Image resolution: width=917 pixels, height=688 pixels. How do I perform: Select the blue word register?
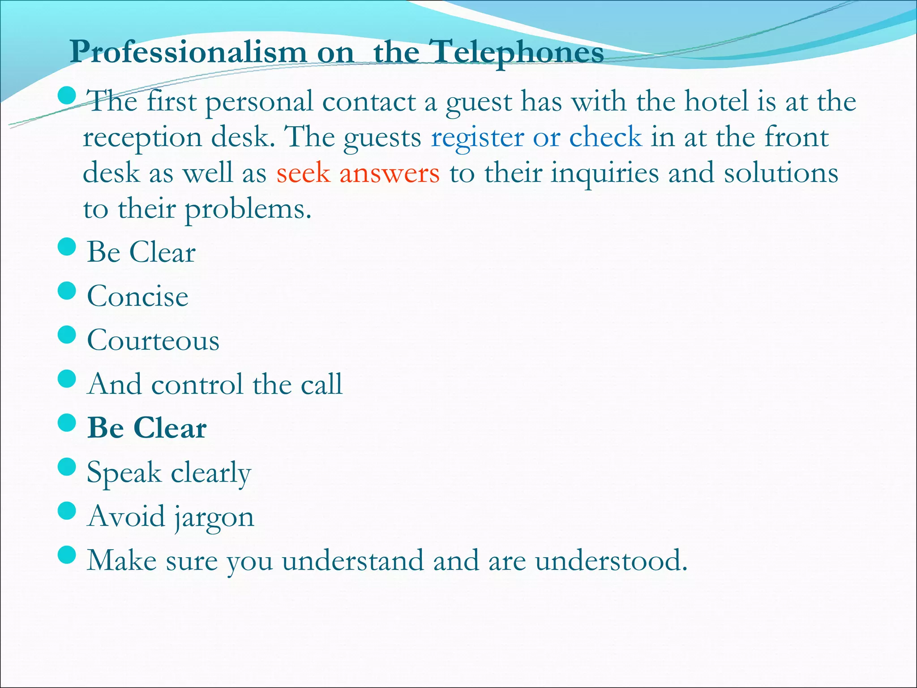tap(477, 138)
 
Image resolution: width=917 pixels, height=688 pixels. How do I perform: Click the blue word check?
tap(605, 137)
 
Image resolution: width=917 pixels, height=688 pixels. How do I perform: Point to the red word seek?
tap(303, 173)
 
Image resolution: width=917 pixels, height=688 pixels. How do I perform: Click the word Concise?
tap(137, 296)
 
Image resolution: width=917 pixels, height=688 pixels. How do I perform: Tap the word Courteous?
tap(153, 340)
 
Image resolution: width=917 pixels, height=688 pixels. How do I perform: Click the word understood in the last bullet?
tap(611, 560)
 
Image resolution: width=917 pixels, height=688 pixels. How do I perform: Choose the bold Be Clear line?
tap(147, 428)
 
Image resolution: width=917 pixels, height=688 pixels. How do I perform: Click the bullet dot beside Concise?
tap(67, 291)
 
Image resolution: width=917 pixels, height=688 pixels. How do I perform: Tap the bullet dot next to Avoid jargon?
tap(67, 511)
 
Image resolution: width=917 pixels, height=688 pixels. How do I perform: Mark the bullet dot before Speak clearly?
tap(67, 467)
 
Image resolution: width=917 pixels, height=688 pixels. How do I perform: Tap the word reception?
tap(142, 138)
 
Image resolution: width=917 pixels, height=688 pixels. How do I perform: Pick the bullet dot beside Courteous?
tap(67, 335)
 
